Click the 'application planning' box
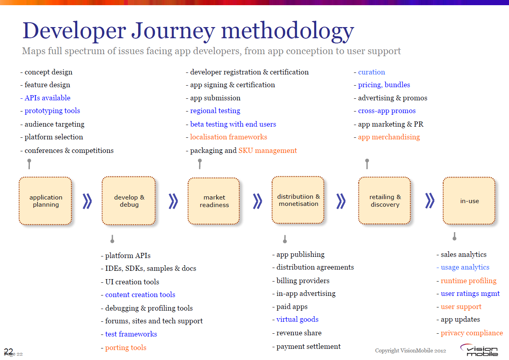tap(45, 201)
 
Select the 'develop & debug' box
tap(129, 201)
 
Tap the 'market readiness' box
tap(214, 201)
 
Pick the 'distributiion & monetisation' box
tap(298, 200)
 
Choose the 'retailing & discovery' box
tap(385, 200)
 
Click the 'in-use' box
tap(469, 201)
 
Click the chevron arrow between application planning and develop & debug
tap(87, 201)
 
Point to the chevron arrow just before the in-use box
tap(430, 201)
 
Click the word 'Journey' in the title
tap(173, 31)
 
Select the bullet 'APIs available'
tap(45, 98)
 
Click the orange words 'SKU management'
tap(268, 151)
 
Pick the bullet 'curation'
tap(369, 72)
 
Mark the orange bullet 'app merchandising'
tap(387, 137)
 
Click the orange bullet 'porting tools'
tap(123, 348)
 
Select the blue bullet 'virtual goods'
tap(295, 319)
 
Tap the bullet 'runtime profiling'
tap(466, 281)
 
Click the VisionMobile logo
tap(479, 350)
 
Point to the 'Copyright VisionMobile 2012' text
tap(410, 350)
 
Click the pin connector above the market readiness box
tap(200, 164)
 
